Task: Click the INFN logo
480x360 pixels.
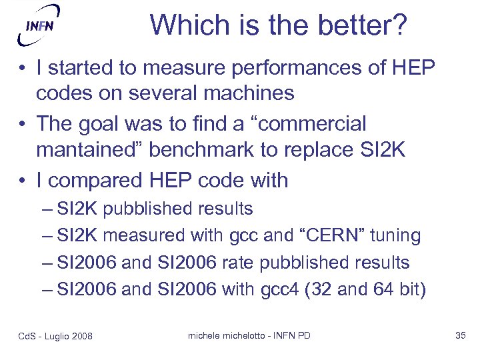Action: (39, 25)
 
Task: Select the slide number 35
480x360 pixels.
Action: (460, 335)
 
